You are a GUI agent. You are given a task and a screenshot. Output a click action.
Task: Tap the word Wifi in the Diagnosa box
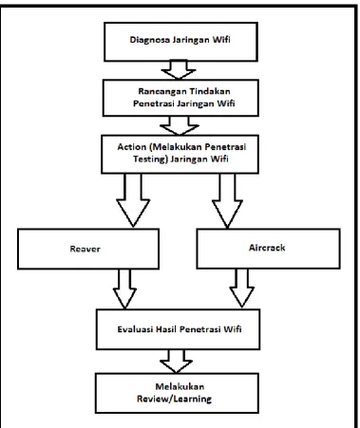point(221,40)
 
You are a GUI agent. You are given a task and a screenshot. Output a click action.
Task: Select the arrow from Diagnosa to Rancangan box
point(179,69)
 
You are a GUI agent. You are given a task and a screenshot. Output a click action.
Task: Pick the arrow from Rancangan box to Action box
point(180,125)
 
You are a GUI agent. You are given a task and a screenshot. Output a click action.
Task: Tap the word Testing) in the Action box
point(150,158)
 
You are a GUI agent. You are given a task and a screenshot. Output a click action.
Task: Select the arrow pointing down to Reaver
point(133,200)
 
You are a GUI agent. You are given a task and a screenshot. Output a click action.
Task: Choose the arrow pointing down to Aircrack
point(227,200)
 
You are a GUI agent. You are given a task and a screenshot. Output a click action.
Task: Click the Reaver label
point(85,249)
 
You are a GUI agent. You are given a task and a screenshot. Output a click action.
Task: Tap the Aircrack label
point(267,248)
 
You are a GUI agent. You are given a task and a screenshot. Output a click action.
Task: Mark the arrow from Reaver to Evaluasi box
point(124,288)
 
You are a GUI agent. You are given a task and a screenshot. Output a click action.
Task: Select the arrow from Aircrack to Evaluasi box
point(241,288)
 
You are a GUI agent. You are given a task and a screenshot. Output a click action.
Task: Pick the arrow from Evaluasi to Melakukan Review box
point(176,362)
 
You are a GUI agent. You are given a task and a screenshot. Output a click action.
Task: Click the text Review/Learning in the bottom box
point(174,399)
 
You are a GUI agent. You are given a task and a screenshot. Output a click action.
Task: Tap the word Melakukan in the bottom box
point(180,386)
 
